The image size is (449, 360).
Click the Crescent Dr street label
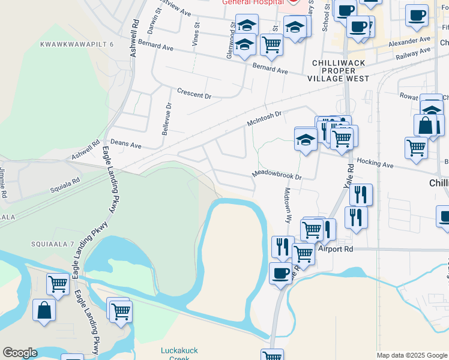tap(194, 94)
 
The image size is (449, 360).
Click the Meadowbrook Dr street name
tap(276, 174)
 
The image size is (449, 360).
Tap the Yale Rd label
tap(351, 181)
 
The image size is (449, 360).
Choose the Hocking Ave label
tap(375, 163)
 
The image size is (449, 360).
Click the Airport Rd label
tap(334, 248)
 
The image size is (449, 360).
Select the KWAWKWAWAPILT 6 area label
tap(76, 44)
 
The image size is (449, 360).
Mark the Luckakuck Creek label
tap(179, 354)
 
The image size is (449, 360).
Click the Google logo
tap(20, 353)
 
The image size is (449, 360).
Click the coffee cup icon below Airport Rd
tap(280, 274)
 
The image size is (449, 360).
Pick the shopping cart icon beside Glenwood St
tap(271, 44)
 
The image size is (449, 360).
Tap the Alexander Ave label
tap(410, 41)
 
